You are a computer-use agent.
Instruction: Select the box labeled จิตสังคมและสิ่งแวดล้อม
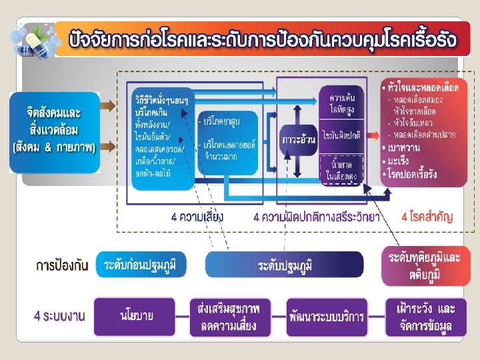click(53, 126)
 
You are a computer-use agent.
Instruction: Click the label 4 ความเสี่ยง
click(197, 217)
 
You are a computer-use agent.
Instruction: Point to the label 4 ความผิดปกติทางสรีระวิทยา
click(317, 217)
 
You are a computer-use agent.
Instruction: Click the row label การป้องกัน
click(61, 265)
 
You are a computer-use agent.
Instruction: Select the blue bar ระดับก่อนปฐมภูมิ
click(145, 265)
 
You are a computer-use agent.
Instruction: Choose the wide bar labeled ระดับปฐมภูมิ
click(285, 265)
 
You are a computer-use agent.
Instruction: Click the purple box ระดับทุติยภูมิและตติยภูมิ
click(424, 265)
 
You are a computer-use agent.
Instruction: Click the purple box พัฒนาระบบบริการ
click(327, 316)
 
